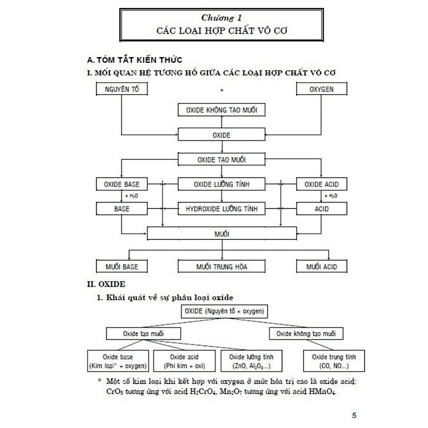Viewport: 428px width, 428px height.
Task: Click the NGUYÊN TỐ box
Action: point(122,90)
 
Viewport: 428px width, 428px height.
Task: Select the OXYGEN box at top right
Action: point(321,90)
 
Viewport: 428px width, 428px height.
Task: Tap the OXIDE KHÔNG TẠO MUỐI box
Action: point(221,111)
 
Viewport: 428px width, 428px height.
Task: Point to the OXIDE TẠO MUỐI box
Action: point(221,159)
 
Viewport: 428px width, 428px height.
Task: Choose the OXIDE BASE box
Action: point(122,184)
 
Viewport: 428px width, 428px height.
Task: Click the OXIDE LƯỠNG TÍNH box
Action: point(221,184)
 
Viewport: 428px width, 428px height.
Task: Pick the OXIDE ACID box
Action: point(321,184)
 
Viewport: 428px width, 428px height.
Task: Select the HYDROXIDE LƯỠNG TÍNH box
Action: point(221,209)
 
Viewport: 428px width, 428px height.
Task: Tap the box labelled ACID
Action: point(321,209)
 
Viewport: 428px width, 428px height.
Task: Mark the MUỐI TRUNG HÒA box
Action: point(221,267)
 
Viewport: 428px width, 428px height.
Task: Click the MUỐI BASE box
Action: point(122,267)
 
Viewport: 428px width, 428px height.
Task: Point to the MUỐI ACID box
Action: point(321,267)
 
